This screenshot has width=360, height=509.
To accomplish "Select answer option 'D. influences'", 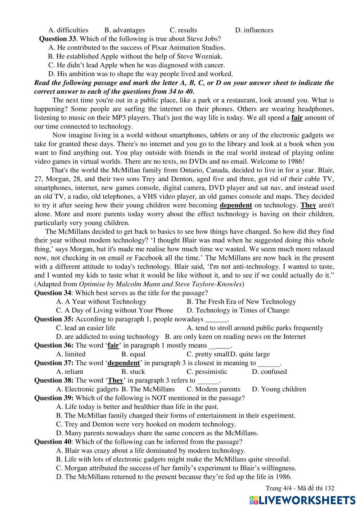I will (254, 30).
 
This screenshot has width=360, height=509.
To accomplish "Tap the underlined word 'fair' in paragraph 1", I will (297, 118).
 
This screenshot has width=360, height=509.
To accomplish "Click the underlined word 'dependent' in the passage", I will (236, 205).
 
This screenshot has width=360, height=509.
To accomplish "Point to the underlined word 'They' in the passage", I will (308, 205).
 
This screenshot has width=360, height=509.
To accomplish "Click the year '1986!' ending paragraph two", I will (296, 162).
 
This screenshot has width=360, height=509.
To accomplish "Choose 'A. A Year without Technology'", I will (101, 302).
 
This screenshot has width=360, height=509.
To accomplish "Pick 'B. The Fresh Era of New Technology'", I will (241, 302).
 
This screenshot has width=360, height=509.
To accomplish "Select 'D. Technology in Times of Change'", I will (238, 310).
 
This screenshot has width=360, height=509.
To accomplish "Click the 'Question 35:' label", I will (54, 319).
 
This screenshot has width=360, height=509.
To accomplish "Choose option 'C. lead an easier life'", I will (86, 328).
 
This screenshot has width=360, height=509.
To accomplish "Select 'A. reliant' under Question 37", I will (70, 372).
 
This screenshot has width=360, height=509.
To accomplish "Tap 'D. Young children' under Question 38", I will (279, 389).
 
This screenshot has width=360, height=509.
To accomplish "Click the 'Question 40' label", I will (53, 442).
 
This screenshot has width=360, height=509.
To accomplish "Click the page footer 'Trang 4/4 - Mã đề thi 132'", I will (300, 488).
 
